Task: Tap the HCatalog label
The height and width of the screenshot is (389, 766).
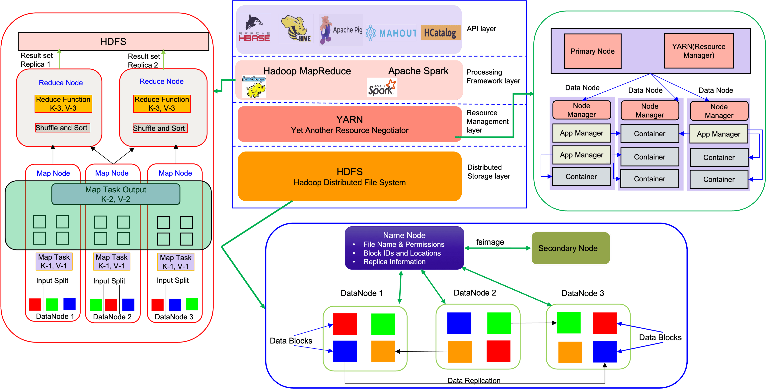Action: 440,33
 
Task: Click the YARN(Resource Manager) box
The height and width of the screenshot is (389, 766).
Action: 699,51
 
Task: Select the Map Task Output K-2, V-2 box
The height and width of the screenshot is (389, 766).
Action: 116,194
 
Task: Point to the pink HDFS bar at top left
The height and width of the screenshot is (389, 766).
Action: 113,41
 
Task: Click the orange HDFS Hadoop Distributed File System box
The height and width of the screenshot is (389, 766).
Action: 349,176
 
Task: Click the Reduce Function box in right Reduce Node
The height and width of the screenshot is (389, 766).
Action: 162,104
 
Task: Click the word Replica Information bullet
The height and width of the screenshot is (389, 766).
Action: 394,262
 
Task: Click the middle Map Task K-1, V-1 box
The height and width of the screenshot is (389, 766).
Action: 112,261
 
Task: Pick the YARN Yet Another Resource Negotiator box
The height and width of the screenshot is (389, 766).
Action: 349,124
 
